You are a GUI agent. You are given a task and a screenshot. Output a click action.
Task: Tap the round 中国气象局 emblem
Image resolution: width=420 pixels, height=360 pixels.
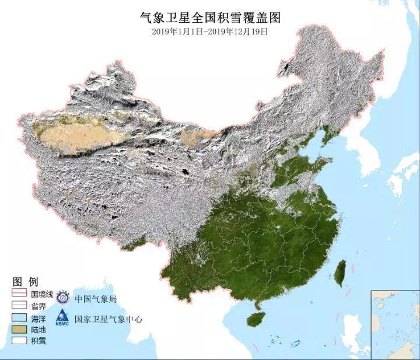coord(62,298)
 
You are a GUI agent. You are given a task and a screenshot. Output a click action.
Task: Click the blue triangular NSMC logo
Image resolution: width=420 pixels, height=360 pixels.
coord(62,318)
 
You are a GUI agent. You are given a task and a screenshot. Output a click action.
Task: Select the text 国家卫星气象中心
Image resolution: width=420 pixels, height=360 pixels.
coord(107,319)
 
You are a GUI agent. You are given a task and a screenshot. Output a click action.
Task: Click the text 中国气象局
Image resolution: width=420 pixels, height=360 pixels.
coord(95,299)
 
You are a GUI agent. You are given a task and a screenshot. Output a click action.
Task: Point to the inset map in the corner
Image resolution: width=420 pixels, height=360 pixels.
coord(395,324)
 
